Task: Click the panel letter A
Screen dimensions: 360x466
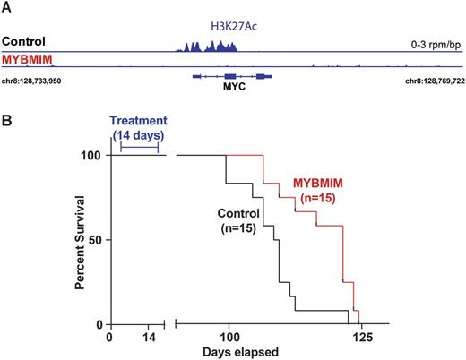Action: tap(6, 8)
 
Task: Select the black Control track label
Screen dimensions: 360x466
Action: tap(23, 42)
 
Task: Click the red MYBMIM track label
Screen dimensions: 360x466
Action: tap(25, 57)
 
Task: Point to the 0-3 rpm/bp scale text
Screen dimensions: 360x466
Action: tap(433, 42)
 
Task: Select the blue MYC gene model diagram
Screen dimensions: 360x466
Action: tap(232, 77)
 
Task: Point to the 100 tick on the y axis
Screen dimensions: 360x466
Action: tap(88, 156)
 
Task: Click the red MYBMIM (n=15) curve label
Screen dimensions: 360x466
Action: tap(318, 191)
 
